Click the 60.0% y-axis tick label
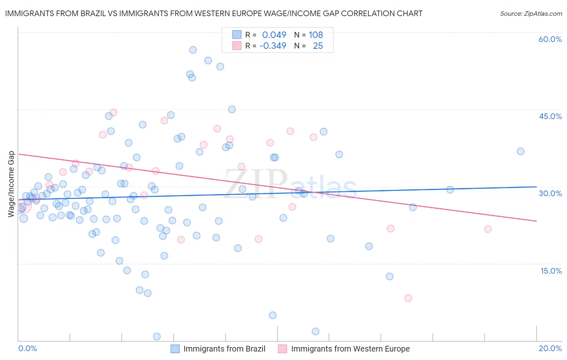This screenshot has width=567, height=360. point(550,39)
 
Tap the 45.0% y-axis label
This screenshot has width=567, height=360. point(550,116)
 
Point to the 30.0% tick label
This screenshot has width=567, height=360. point(550,193)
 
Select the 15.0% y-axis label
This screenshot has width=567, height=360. point(551,271)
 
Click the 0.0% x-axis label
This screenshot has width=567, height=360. point(27,348)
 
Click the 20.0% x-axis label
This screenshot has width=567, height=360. point(550,348)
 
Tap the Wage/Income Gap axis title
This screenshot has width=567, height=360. point(11,184)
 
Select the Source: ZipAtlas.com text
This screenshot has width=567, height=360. point(531,13)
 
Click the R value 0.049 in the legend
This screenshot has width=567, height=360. point(274,35)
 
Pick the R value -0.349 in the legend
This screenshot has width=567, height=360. point(273,46)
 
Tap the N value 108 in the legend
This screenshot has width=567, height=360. point(316,35)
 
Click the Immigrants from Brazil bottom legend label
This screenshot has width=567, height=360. point(224,349)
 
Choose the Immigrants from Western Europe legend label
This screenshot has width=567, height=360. point(350,349)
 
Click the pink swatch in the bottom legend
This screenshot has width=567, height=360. point(282,349)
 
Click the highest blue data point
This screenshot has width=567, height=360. point(193,50)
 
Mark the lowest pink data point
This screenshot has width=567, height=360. point(408,298)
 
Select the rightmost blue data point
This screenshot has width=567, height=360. point(521,151)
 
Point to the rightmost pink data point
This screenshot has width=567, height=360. point(488,229)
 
